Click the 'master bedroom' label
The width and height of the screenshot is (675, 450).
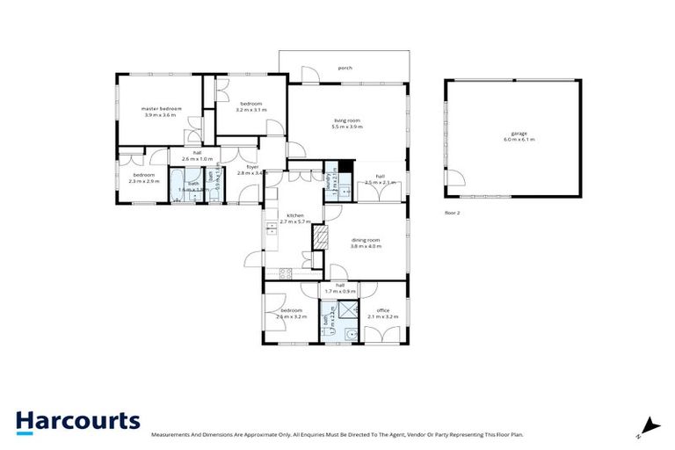pyautogui.click(x=161, y=109)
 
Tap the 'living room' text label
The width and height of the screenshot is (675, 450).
pyautogui.click(x=347, y=120)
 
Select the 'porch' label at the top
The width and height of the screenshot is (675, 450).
pyautogui.click(x=345, y=67)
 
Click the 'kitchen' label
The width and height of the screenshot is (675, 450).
pyautogui.click(x=294, y=216)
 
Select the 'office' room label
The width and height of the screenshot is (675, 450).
pyautogui.click(x=383, y=310)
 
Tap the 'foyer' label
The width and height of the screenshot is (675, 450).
pyautogui.click(x=252, y=167)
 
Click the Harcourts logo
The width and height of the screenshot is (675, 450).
pyautogui.click(x=77, y=421)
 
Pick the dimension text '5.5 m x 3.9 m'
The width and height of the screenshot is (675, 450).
pyautogui.click(x=347, y=127)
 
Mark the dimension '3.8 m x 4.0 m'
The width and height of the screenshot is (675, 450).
pyautogui.click(x=365, y=247)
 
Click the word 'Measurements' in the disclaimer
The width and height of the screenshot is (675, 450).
pyautogui.click(x=172, y=435)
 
